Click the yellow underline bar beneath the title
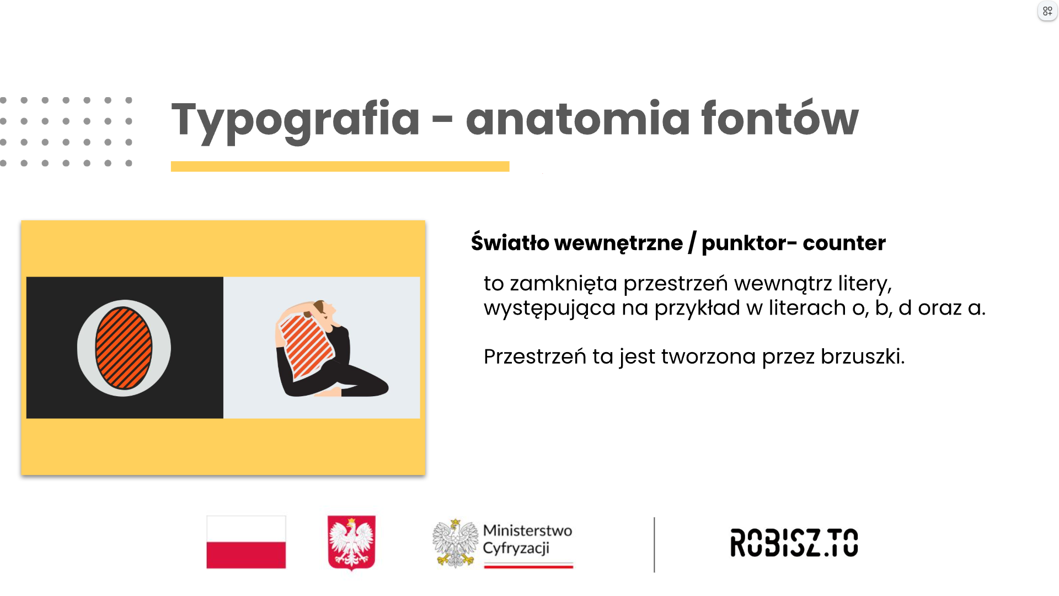(340, 166)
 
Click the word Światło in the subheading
(510, 242)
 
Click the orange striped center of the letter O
(124, 348)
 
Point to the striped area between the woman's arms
(306, 347)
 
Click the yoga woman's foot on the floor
(329, 392)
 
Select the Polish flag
(246, 542)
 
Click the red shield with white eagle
(351, 542)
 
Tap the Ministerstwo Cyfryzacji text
(527, 539)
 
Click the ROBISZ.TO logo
(794, 542)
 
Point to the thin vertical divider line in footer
(654, 545)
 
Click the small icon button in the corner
(1047, 11)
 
